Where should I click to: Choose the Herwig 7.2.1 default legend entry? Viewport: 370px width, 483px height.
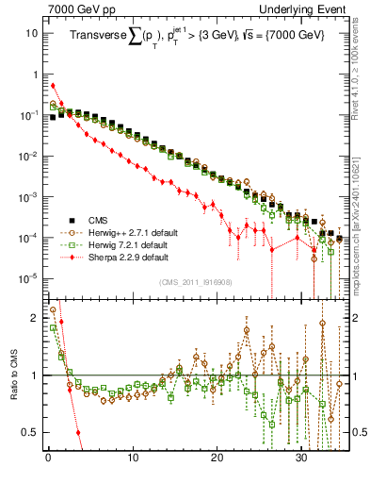[124, 244]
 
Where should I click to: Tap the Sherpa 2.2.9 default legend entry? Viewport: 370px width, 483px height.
[123, 257]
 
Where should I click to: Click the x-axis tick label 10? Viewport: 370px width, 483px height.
[133, 458]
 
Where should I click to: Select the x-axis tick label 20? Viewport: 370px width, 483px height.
[217, 458]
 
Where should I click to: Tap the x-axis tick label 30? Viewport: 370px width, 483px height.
[301, 458]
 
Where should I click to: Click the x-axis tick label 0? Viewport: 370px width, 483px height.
[48, 458]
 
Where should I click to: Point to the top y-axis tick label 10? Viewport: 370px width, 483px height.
[32, 33]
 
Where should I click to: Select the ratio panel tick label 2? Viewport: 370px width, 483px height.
[35, 317]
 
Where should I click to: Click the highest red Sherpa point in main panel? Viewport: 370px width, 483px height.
[53, 86]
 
